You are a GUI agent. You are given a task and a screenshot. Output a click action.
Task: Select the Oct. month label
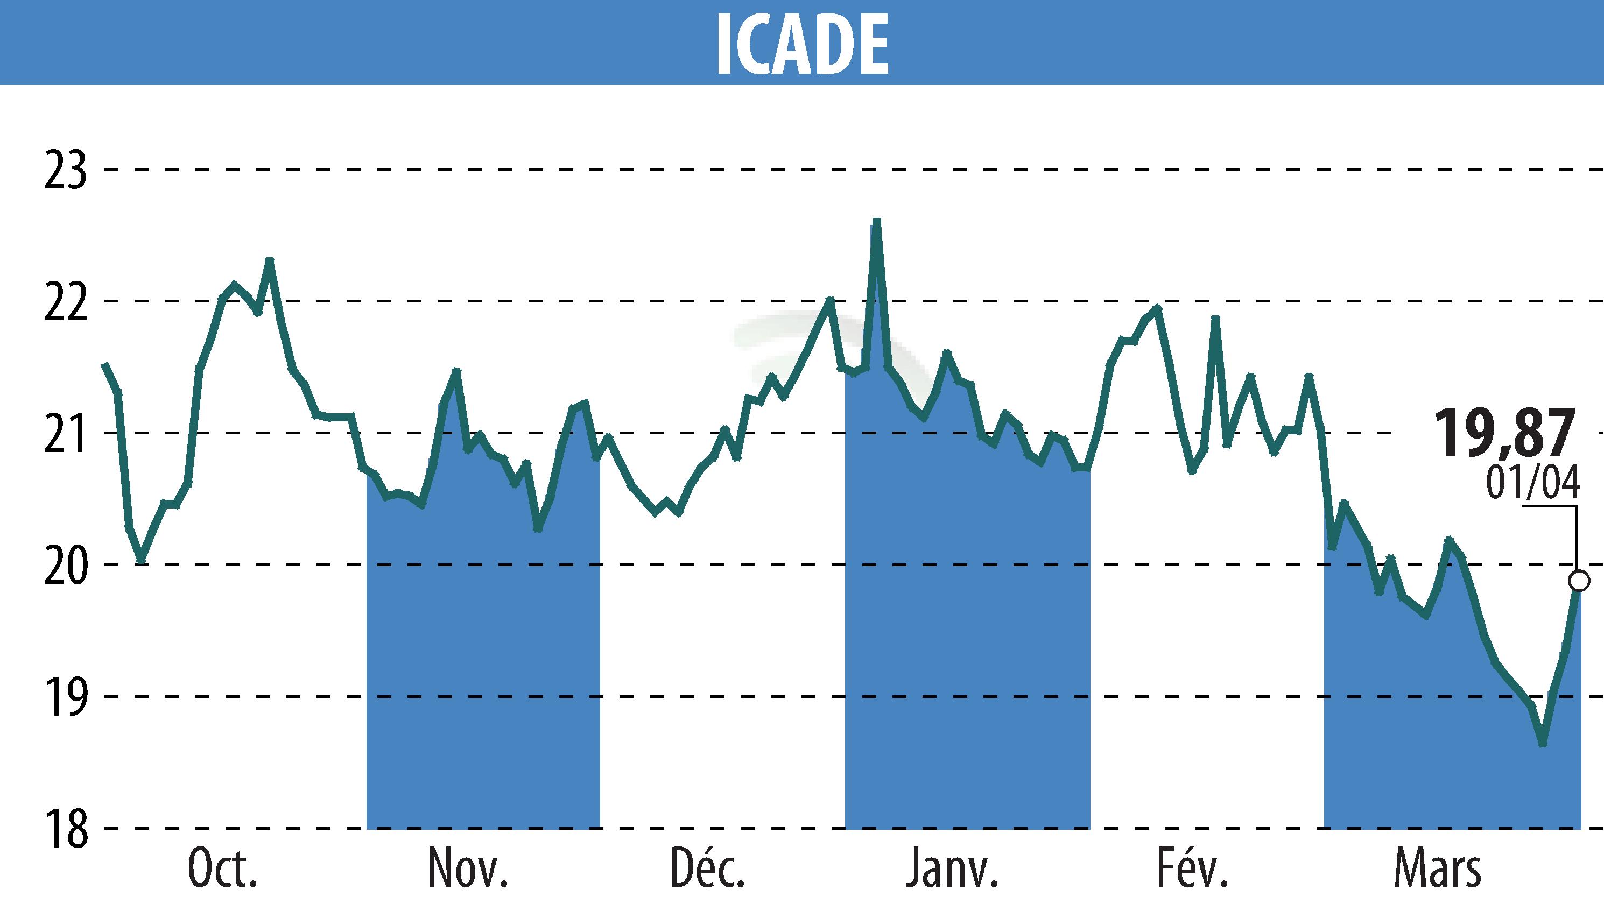coord(222,870)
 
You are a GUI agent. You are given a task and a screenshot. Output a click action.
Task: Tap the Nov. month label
coord(468,870)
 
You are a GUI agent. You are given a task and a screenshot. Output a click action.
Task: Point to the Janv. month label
coord(952,870)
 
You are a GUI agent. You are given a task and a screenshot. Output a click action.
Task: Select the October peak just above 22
coord(269,260)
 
